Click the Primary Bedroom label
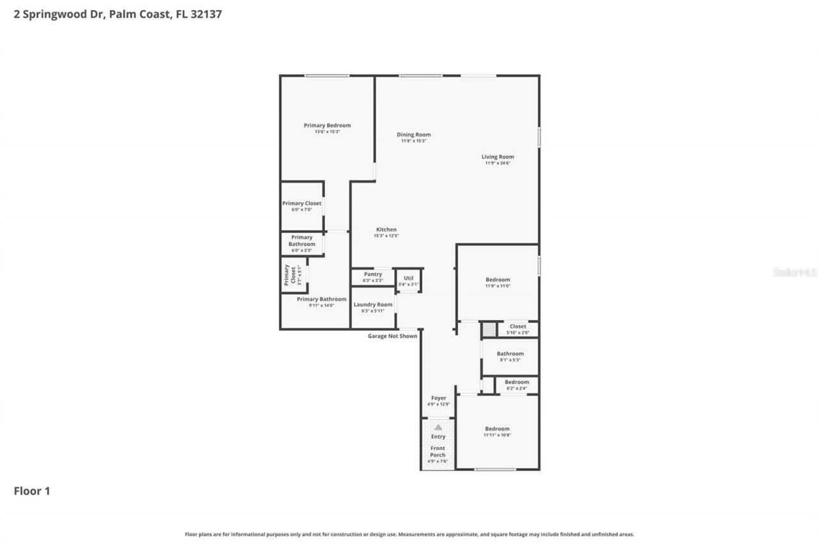[327, 126]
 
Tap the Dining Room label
[413, 135]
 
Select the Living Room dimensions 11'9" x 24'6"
[497, 164]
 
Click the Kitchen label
[386, 230]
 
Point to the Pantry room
[372, 277]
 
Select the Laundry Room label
[373, 305]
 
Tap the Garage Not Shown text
[392, 336]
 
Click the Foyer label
[438, 398]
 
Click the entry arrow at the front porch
[438, 427]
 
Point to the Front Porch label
[438, 452]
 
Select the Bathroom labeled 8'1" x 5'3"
[510, 357]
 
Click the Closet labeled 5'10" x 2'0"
[518, 329]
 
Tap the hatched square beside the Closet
[489, 330]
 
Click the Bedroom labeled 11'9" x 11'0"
[497, 282]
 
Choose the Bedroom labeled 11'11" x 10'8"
[497, 432]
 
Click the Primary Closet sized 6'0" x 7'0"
[302, 206]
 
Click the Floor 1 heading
[32, 491]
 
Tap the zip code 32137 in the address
[206, 14]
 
